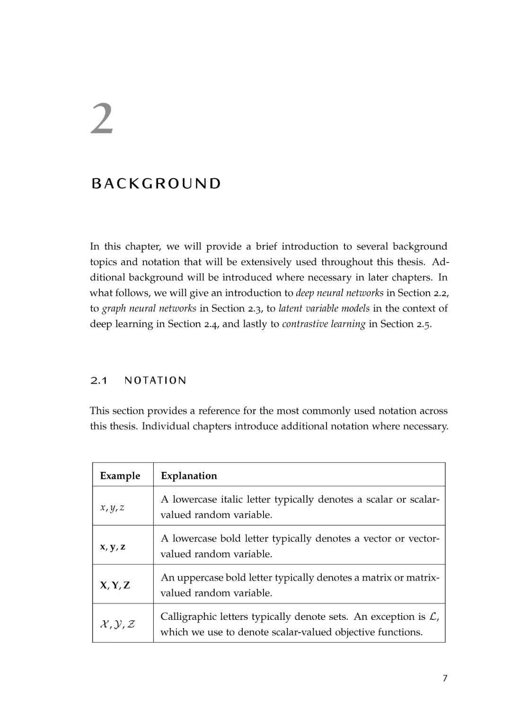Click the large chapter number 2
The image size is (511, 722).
click(x=102, y=119)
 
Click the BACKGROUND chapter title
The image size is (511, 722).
click(x=156, y=183)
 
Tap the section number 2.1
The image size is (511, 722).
click(x=98, y=381)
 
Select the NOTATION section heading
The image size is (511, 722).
click(x=155, y=381)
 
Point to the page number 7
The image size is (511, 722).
click(x=444, y=679)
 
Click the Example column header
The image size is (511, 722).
click(x=120, y=476)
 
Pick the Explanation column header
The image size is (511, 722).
click(x=189, y=476)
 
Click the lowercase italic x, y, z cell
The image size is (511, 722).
click(x=112, y=507)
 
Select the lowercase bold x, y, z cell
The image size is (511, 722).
click(x=113, y=547)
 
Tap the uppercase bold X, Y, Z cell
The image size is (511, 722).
click(x=115, y=585)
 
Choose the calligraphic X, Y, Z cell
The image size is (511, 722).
click(x=117, y=624)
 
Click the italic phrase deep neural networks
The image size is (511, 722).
click(x=339, y=293)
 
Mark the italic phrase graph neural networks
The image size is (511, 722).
click(x=149, y=308)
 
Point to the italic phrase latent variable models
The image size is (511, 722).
click(x=324, y=308)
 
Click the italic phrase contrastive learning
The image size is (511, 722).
click(x=324, y=324)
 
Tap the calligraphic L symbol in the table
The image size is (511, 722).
click(x=433, y=617)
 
